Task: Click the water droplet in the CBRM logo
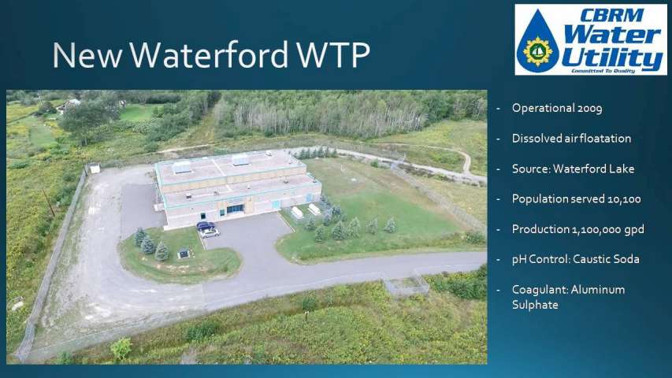537,42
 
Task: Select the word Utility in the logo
613,59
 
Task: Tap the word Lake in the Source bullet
623,169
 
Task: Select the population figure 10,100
624,199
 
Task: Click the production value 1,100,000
596,230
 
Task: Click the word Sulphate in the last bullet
535,305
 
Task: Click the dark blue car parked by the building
206,225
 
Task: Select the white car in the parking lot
210,233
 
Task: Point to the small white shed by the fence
94,168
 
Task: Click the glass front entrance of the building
236,209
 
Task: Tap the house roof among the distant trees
71,103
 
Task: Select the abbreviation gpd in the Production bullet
634,230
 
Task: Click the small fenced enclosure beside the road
406,284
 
